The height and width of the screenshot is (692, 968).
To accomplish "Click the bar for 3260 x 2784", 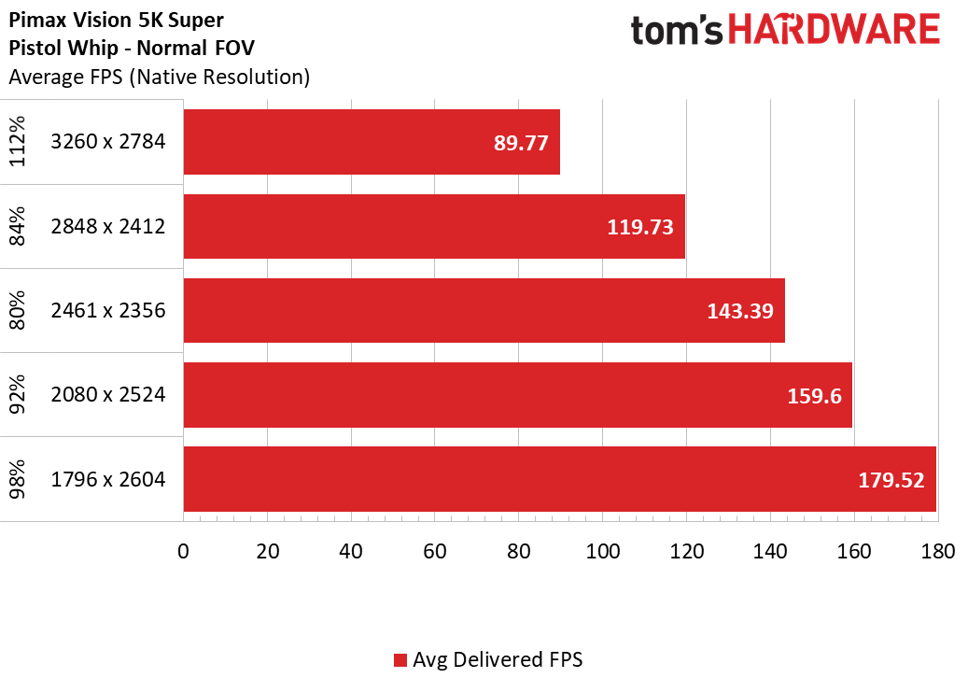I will [372, 142].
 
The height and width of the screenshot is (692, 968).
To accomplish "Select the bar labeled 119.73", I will [434, 226].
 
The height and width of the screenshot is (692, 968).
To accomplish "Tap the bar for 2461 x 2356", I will [484, 310].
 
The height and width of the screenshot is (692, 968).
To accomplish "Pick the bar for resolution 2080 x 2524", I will [517, 394].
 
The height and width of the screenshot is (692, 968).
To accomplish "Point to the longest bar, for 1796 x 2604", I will [559, 479].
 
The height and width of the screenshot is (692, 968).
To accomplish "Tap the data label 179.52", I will [891, 480].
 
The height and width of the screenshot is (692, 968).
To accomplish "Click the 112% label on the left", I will [19, 142].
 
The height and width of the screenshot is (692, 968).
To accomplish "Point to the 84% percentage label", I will [19, 226].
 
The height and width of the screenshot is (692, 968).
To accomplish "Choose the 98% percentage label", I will [19, 479].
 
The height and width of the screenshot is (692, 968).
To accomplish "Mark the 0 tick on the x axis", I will [184, 551].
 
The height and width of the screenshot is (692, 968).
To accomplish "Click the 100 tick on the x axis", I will [603, 551].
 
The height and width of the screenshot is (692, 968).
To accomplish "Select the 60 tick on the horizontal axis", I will [435, 551].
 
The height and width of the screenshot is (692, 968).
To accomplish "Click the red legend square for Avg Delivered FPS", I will [400, 660].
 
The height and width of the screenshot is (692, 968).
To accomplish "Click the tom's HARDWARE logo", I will [785, 31].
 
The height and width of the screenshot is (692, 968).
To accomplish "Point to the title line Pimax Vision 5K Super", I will [117, 19].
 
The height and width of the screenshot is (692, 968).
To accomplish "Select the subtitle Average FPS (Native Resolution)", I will [159, 78].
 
